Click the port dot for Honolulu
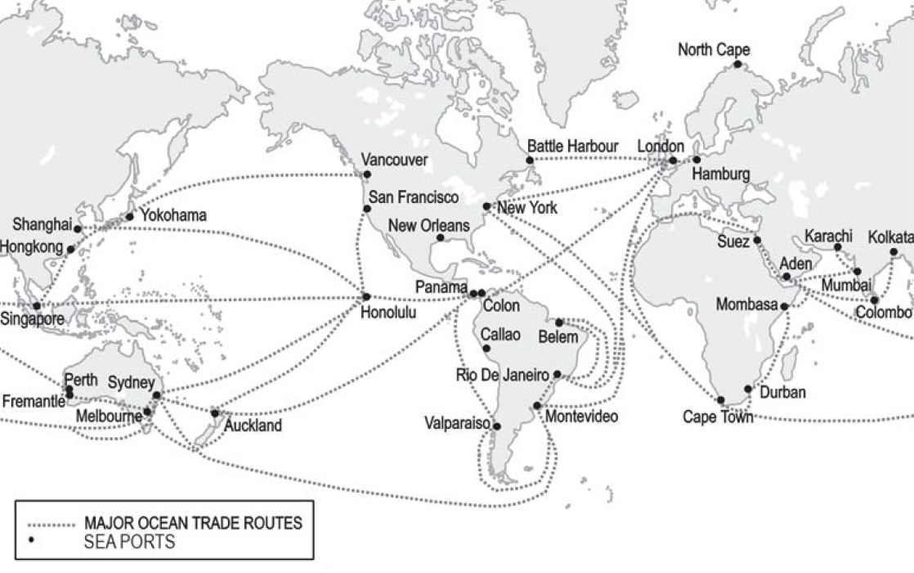(x=366, y=296)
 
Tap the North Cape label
(x=713, y=51)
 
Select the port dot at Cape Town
(x=721, y=400)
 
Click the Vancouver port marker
(x=366, y=174)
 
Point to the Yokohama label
(x=172, y=215)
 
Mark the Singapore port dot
(x=36, y=305)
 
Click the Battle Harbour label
(x=572, y=146)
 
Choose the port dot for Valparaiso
(x=496, y=426)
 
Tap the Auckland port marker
(x=215, y=413)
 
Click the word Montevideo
(x=581, y=417)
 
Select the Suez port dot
(x=757, y=240)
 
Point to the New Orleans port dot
(x=440, y=238)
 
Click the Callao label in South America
(x=500, y=334)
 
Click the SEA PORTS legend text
(x=129, y=542)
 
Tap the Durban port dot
(x=748, y=389)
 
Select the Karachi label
(x=828, y=236)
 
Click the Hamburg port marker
(x=697, y=160)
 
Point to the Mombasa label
(x=746, y=305)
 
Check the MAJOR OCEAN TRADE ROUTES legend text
(x=193, y=523)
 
